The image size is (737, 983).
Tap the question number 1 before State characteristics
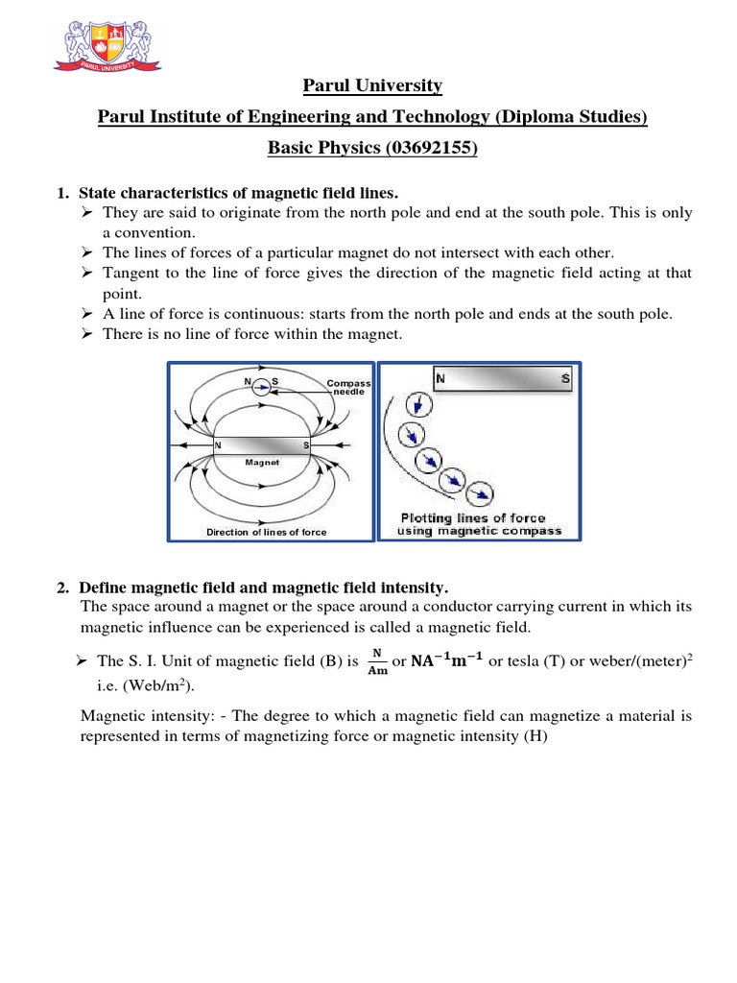click(63, 193)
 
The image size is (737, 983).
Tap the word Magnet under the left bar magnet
click(261, 461)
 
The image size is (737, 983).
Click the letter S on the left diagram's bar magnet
click(306, 445)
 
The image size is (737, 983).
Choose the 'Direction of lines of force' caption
click(267, 532)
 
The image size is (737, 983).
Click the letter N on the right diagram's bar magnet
click(440, 379)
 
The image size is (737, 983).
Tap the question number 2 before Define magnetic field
click(63, 587)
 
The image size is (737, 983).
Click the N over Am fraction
click(378, 662)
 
